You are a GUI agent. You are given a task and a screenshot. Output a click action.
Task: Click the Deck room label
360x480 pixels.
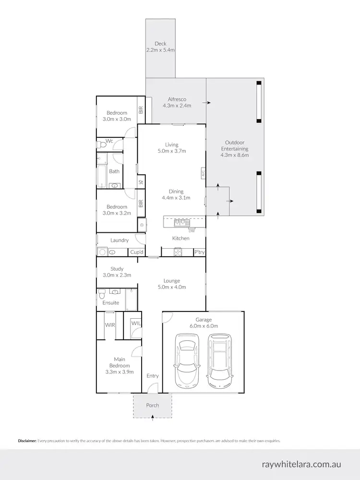[160, 47]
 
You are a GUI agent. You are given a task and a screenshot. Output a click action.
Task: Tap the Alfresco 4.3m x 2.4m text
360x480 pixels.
[177, 102]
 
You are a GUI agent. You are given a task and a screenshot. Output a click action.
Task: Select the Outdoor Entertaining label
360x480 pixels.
[235, 149]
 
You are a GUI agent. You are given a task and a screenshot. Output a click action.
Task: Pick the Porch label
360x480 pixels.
[153, 406]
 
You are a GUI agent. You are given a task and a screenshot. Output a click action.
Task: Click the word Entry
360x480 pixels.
[153, 376]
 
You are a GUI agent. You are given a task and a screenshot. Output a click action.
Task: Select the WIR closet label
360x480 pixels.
[110, 325]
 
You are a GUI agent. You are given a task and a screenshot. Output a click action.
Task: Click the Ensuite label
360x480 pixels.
[110, 303]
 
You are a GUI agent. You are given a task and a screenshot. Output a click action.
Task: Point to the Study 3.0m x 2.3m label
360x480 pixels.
[117, 272]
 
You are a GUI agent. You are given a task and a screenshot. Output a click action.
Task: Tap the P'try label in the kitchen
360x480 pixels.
[199, 252]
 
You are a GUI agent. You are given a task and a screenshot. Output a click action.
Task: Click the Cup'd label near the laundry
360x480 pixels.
[136, 252]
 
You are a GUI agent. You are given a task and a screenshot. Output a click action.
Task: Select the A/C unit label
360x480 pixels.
[203, 173]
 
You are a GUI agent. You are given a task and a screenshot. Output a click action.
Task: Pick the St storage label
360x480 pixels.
[141, 182]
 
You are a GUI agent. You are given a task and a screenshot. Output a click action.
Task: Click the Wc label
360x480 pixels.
[109, 141]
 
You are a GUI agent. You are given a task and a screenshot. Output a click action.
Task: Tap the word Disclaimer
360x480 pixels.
[27, 441]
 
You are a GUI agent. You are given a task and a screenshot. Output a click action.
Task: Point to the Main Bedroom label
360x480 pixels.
[120, 365]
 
